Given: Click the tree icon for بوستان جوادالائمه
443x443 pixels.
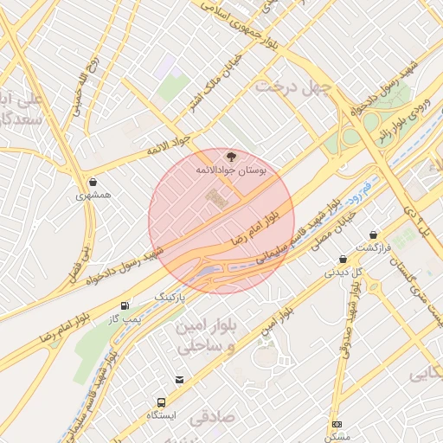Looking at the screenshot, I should (229, 155).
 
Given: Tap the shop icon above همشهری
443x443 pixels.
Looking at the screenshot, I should (93, 181).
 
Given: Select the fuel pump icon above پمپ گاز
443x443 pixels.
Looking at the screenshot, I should (127, 305).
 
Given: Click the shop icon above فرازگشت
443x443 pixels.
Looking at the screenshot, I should (373, 234).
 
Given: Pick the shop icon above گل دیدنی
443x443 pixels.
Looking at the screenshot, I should (343, 259).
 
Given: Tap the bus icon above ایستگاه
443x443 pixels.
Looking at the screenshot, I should (161, 402).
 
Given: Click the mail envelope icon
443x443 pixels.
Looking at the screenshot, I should (179, 379).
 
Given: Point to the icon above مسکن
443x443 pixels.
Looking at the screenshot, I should (337, 424).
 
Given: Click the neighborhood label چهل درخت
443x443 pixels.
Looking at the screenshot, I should (286, 87).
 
